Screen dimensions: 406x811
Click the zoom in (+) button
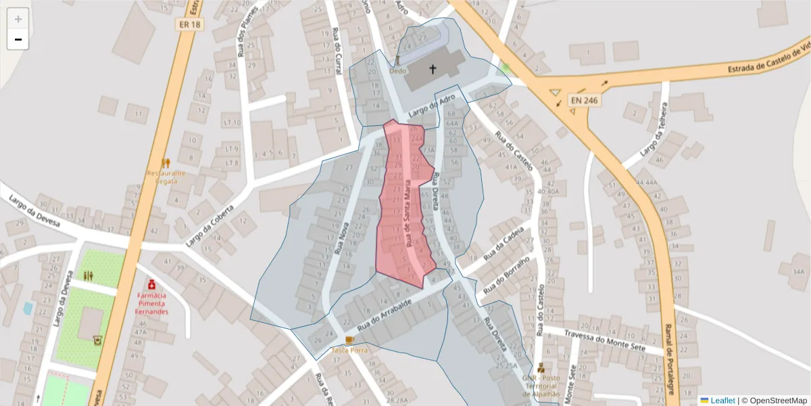click(18, 19)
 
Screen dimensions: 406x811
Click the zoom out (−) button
click(18, 39)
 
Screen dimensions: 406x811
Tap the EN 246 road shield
click(582, 99)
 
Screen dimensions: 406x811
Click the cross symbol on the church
click(433, 68)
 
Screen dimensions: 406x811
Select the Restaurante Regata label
click(166, 177)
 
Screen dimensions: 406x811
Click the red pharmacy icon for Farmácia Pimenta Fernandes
click(151, 284)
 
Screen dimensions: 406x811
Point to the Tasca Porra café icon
click(349, 338)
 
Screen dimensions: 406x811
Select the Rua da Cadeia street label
click(503, 243)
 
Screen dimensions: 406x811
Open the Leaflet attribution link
click(722, 400)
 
